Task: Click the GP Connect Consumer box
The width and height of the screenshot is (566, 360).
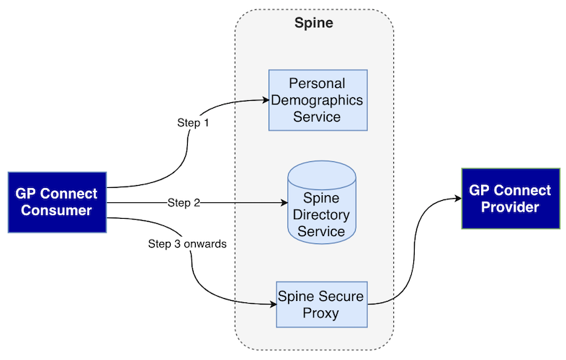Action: (57, 202)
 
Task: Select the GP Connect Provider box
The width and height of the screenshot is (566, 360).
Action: (510, 198)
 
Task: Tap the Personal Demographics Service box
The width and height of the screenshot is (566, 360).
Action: (318, 100)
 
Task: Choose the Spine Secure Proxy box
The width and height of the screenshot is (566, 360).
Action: (321, 305)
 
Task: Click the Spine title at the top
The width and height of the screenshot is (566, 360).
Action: (314, 23)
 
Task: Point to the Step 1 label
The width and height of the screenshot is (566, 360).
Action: (193, 123)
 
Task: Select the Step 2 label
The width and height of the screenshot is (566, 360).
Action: (184, 203)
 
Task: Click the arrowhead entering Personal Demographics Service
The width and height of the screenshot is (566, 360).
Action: (264, 99)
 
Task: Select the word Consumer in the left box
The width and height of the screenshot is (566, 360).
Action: (57, 211)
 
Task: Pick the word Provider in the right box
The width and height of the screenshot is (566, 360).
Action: (510, 207)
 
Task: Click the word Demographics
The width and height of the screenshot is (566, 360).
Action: (318, 100)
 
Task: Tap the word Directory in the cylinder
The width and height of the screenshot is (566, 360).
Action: (321, 215)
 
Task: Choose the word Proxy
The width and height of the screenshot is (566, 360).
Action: (321, 313)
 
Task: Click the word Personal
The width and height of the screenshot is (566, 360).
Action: (318, 84)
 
